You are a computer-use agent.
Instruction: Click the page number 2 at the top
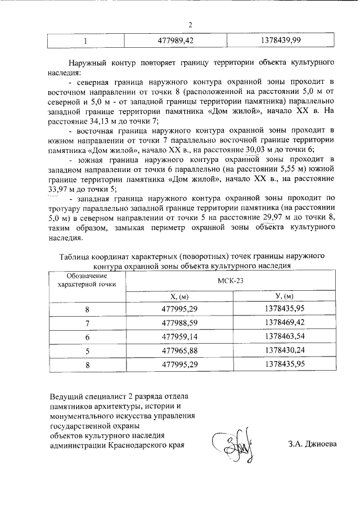point(190,25)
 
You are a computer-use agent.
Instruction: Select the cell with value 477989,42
point(174,41)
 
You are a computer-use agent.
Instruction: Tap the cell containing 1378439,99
point(281,41)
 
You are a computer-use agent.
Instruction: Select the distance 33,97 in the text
point(59,189)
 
